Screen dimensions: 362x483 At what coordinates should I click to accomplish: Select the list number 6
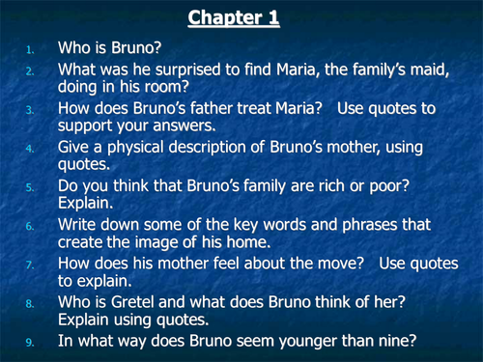coord(30,224)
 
